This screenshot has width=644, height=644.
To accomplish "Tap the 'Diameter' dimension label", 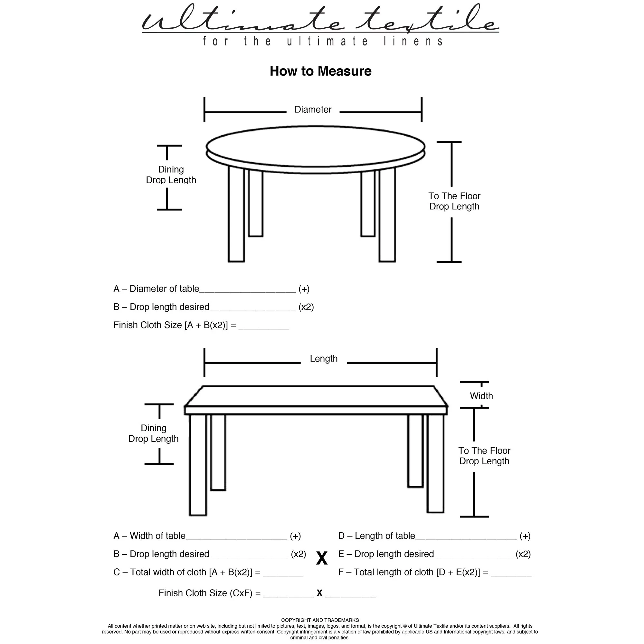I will [x=313, y=110].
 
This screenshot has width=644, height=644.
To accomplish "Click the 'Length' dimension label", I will [x=323, y=359].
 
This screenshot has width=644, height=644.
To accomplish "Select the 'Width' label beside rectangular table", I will [x=481, y=396].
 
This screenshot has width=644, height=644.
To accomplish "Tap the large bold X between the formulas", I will [x=322, y=558].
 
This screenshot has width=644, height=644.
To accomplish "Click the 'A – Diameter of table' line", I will [x=156, y=289].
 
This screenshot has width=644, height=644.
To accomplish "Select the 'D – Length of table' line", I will [x=377, y=536].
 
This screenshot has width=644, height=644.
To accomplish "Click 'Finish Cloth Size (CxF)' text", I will [x=209, y=593].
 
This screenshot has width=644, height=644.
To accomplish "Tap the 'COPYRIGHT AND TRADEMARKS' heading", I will [x=320, y=620].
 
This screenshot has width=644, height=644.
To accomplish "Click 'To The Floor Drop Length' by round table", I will [x=454, y=201].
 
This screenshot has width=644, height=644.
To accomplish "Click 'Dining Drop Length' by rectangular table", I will [x=153, y=433].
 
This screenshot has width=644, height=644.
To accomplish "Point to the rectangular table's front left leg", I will [x=198, y=465].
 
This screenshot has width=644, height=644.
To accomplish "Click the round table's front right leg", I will [x=387, y=215].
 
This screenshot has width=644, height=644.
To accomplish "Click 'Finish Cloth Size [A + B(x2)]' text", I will [x=175, y=325].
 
